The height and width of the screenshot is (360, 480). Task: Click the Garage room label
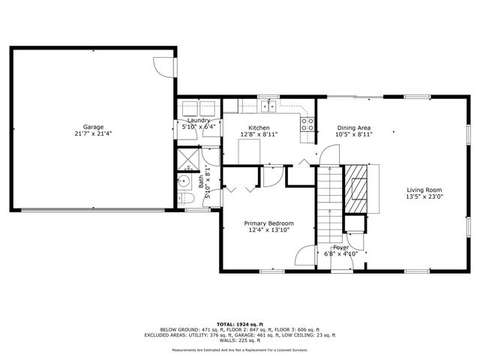click(x=93, y=127)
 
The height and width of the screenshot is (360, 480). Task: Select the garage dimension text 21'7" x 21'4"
click(x=93, y=134)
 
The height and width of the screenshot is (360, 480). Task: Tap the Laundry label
click(x=199, y=120)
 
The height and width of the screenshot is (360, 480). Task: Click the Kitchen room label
click(x=259, y=127)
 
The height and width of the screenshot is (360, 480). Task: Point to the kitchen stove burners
click(x=306, y=123)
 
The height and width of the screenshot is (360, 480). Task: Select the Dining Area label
click(x=353, y=127)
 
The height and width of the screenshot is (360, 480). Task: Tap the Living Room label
click(x=425, y=190)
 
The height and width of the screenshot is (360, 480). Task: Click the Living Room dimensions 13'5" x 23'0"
click(x=425, y=197)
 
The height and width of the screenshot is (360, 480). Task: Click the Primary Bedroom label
click(x=269, y=223)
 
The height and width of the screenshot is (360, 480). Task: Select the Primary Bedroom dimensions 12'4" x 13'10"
click(x=269, y=231)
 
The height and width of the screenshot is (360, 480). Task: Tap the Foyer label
click(x=341, y=247)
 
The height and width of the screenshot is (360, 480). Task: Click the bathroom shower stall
click(x=187, y=158)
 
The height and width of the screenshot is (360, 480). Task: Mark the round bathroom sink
click(x=184, y=181)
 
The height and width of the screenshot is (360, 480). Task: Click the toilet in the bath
click(x=187, y=199)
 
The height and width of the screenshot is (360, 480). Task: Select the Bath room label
click(x=202, y=180)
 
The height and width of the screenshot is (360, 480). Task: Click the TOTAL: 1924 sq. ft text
click(x=239, y=322)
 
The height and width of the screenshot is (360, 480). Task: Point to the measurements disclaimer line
click(x=239, y=349)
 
